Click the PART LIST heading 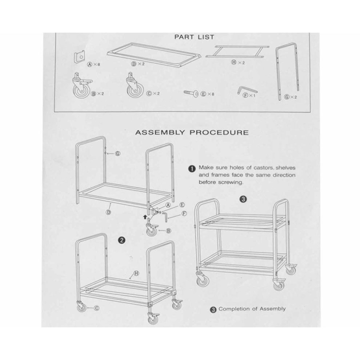[x=194, y=37]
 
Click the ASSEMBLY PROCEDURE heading [x=192, y=132]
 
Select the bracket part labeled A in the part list [x=79, y=57]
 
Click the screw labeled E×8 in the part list [x=191, y=93]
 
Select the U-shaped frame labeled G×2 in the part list [x=287, y=71]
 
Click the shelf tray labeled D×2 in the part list [x=154, y=55]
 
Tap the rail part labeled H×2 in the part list [x=237, y=51]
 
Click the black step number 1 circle [x=192, y=169]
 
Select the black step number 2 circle [x=122, y=240]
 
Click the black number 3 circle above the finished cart [x=243, y=199]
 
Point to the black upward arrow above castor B [x=145, y=216]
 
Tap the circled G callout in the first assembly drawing [x=118, y=153]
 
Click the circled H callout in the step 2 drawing [x=136, y=273]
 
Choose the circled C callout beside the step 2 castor [x=97, y=308]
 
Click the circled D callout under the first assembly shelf [x=108, y=212]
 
